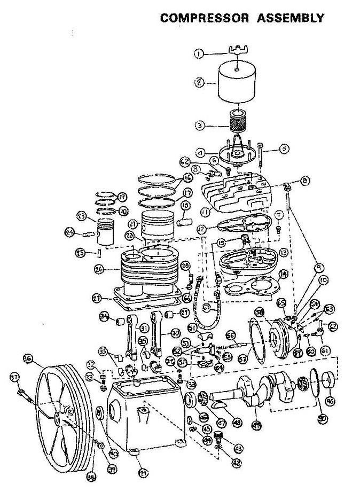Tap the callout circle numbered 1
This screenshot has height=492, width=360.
[x=199, y=53]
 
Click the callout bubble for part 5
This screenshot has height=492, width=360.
[x=284, y=150]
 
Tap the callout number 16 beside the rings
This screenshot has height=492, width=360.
[x=187, y=178]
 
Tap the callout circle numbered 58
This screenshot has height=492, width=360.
[x=259, y=311]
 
